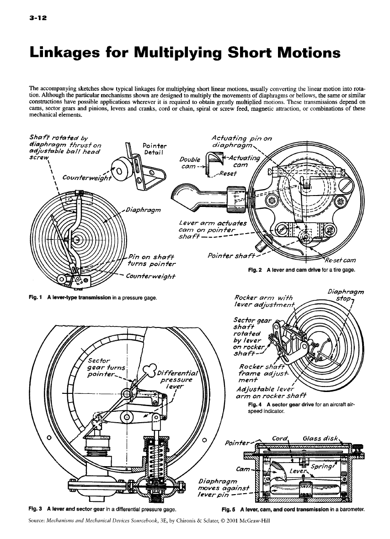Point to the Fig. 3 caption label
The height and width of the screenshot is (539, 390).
[35, 509]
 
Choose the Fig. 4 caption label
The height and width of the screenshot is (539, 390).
[255, 405]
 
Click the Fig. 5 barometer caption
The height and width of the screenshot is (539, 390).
[230, 509]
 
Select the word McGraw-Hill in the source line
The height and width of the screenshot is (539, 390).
[257, 521]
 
